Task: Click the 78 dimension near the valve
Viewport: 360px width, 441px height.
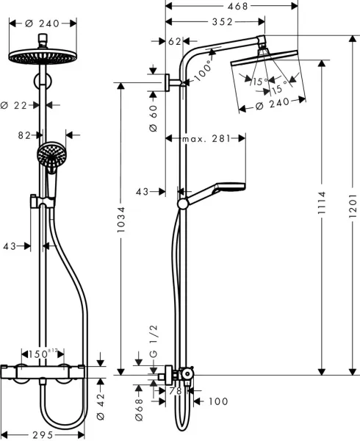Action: [x=175, y=392]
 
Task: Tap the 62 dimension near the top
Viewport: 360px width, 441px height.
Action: [x=174, y=42]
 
